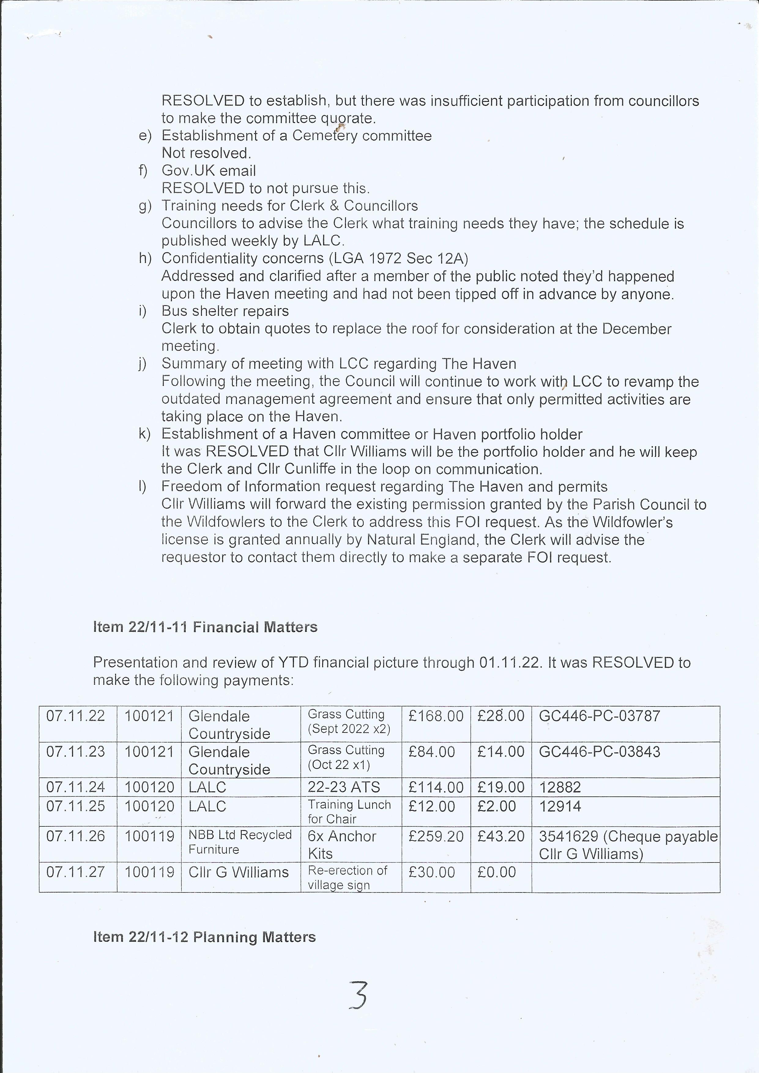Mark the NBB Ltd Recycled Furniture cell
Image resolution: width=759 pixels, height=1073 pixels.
tap(240, 842)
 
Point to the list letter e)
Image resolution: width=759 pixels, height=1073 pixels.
tap(145, 136)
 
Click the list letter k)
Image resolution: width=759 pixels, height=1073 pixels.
tap(144, 434)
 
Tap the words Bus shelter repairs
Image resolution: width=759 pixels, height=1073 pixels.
tap(225, 311)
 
